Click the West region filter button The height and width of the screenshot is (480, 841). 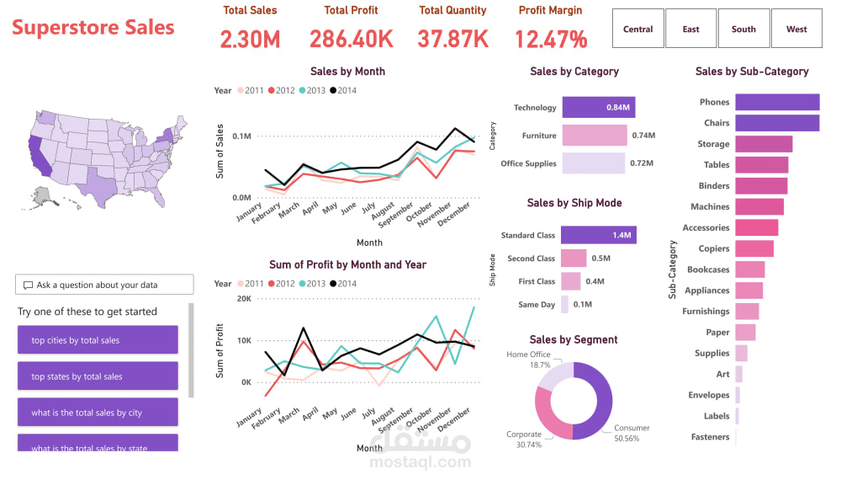pos(796,29)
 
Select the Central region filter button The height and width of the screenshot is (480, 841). pos(637,29)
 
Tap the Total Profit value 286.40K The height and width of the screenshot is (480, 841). pos(351,39)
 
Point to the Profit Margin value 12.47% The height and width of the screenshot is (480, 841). pos(551,39)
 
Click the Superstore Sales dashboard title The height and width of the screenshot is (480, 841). pos(93,28)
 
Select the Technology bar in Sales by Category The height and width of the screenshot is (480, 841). pos(598,108)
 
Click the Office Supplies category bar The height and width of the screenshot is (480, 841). pos(593,163)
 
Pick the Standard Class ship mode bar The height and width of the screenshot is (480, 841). pos(598,236)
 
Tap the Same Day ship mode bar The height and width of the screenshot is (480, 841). pos(565,305)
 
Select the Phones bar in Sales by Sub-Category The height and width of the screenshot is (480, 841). pos(776,102)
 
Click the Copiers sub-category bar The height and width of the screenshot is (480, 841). pos(754,248)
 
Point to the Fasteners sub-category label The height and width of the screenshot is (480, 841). pos(710,437)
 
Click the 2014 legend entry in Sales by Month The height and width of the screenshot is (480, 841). pos(342,90)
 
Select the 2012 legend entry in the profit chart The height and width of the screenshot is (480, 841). pos(282,284)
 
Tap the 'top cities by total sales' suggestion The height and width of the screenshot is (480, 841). pos(98,340)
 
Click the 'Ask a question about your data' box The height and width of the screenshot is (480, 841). pos(104,285)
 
